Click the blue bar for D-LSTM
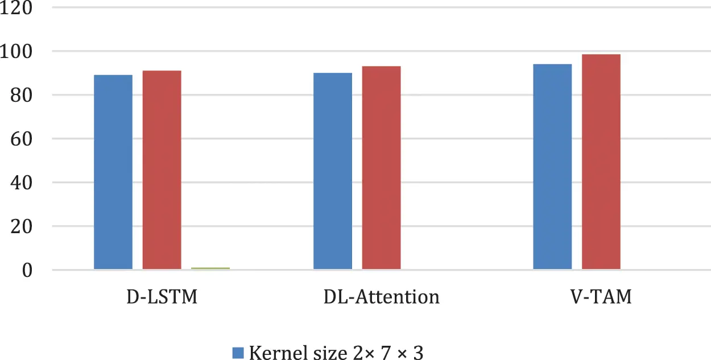pos(113,172)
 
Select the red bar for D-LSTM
pos(162,169)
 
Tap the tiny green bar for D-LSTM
pos(210,267)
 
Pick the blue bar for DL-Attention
pos(333,171)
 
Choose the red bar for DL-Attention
pos(381,167)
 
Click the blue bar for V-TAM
pos(552,166)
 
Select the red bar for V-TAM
pos(601,162)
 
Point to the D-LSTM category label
pos(162,297)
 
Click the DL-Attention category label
pos(381,297)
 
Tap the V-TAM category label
pos(601,297)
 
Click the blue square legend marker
pos(238,353)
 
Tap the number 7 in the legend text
pos(386,353)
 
